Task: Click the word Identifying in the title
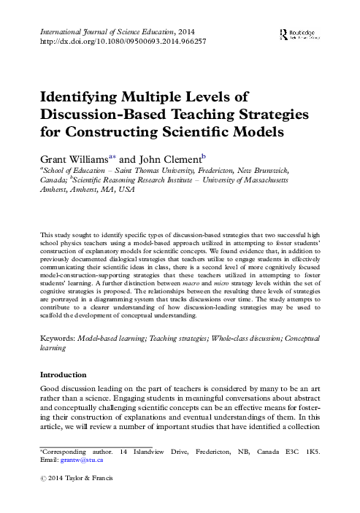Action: click(x=77, y=100)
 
